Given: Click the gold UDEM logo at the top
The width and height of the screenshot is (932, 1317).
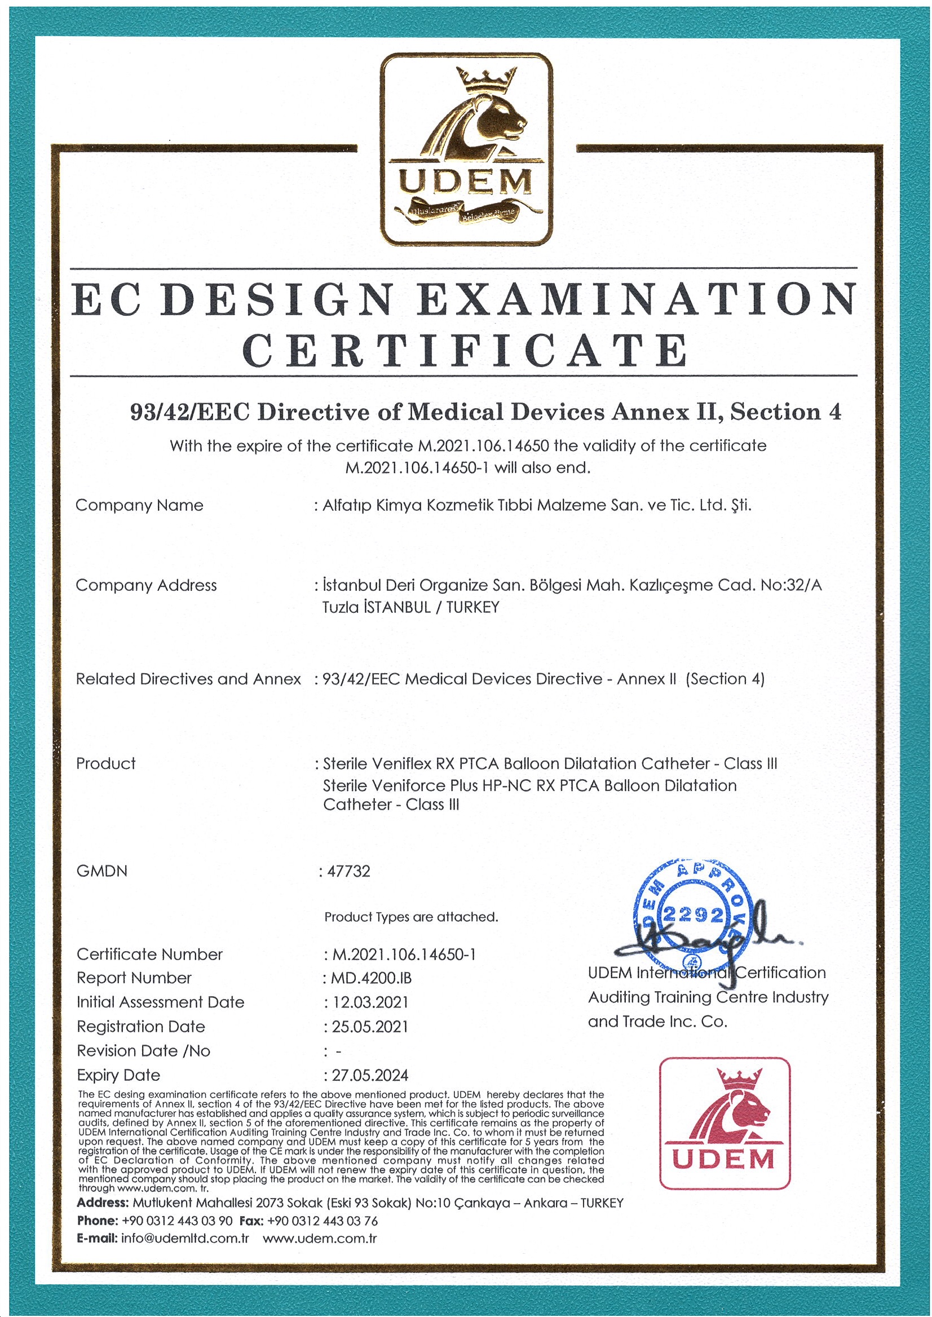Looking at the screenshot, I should (467, 149).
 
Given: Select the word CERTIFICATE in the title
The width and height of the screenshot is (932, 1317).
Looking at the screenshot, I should (465, 351).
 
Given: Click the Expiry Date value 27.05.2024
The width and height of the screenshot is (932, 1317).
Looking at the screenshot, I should (370, 1075).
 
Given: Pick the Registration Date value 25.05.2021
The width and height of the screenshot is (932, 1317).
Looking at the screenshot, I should (370, 1027).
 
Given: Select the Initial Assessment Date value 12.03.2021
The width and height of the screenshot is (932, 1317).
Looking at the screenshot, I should (370, 1002).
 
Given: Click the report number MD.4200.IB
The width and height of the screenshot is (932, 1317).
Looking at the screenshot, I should (372, 978).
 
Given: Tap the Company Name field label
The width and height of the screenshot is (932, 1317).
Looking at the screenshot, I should (139, 505).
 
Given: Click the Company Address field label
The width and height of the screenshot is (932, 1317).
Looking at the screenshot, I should (147, 585).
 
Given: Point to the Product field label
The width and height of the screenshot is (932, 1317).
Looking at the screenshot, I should (106, 763).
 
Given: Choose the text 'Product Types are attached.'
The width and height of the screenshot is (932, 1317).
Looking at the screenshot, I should (411, 917).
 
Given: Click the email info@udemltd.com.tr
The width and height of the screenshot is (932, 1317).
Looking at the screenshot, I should (185, 1239).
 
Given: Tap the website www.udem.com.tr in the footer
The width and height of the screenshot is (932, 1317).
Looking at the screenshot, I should (320, 1239).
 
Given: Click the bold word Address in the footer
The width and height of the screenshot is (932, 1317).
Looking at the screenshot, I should (102, 1203).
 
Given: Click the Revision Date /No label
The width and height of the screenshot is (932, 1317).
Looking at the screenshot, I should (143, 1051).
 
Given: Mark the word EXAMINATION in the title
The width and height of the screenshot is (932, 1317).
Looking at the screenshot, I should (637, 299).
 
